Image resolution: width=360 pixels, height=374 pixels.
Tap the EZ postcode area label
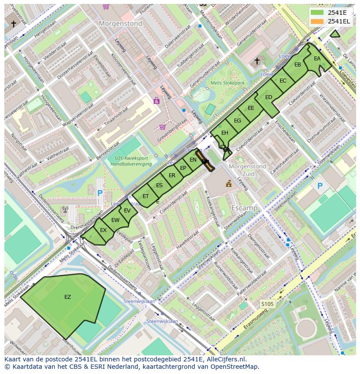(67, 297)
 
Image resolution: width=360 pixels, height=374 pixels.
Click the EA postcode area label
(317, 59)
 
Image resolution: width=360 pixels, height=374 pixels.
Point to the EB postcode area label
(297, 65)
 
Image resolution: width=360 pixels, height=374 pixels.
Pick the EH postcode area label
(224, 133)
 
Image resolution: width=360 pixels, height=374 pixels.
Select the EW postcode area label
(115, 220)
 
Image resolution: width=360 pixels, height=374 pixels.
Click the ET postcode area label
(146, 196)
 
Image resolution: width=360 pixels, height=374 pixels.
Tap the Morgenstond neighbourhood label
(120, 24)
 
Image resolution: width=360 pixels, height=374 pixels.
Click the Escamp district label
(244, 208)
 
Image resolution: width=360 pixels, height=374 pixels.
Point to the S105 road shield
(267, 304)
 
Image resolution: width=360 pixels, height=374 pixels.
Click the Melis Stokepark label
(227, 83)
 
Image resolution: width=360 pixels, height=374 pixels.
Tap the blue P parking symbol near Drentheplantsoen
(100, 193)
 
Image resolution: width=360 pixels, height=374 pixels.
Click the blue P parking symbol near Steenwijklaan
(320, 186)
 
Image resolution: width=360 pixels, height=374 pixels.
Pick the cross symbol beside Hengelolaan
(13, 24)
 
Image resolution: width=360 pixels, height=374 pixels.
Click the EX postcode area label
(103, 230)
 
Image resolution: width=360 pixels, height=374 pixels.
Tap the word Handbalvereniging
(131, 164)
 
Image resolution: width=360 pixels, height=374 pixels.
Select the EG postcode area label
(237, 121)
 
